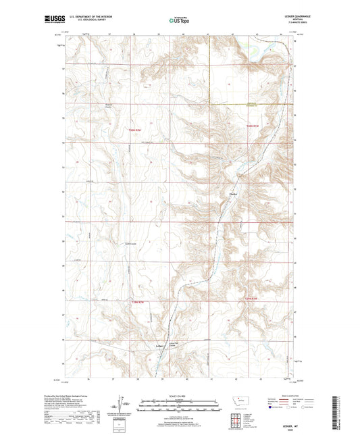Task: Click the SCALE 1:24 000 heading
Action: coord(180,396)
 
